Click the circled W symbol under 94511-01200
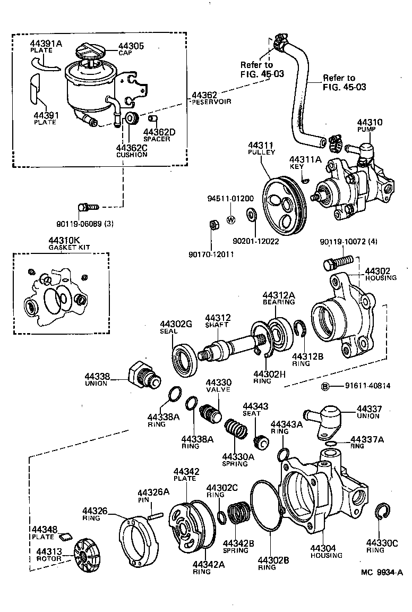coord(231,220)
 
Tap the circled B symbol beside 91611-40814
coord(327,386)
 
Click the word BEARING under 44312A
coord(278,302)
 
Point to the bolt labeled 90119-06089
coord(86,207)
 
